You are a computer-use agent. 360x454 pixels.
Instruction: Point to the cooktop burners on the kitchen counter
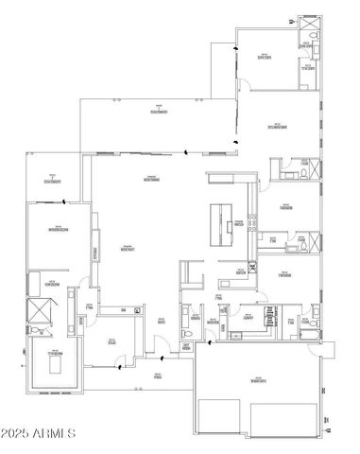tap(252, 222)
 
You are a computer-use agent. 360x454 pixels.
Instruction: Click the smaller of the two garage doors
tap(221, 419)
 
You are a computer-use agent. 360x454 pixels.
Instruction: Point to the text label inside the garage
tap(256, 380)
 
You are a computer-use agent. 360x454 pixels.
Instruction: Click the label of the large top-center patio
tap(153, 113)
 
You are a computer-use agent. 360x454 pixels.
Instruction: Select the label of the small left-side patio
tap(52, 178)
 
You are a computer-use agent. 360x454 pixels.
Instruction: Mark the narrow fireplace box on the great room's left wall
tap(94, 253)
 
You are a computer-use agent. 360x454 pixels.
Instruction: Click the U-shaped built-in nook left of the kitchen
tap(192, 277)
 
